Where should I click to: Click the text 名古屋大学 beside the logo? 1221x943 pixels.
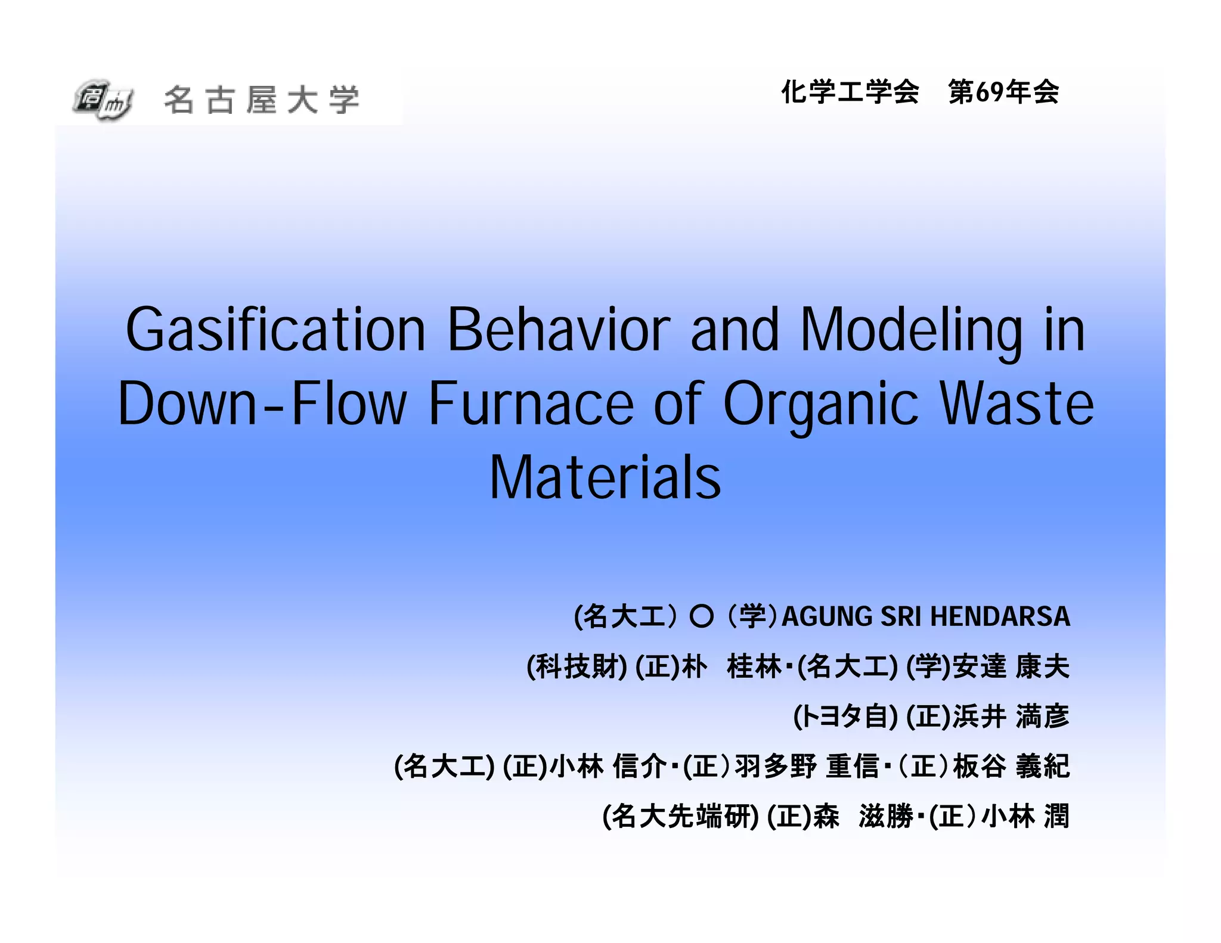(x=262, y=100)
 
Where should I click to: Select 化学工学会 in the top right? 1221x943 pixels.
(x=850, y=92)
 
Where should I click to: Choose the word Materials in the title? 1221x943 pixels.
(x=605, y=477)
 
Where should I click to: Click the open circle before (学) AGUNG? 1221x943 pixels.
(x=701, y=616)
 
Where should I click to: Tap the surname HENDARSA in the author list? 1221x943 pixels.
(x=1000, y=616)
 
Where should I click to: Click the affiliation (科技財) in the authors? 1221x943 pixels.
(x=577, y=666)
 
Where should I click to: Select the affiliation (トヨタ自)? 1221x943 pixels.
(x=845, y=716)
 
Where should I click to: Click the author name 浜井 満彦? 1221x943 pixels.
(x=1011, y=716)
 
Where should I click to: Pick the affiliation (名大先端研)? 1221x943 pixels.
(x=680, y=816)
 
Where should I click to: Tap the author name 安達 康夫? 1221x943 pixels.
(x=1011, y=666)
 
